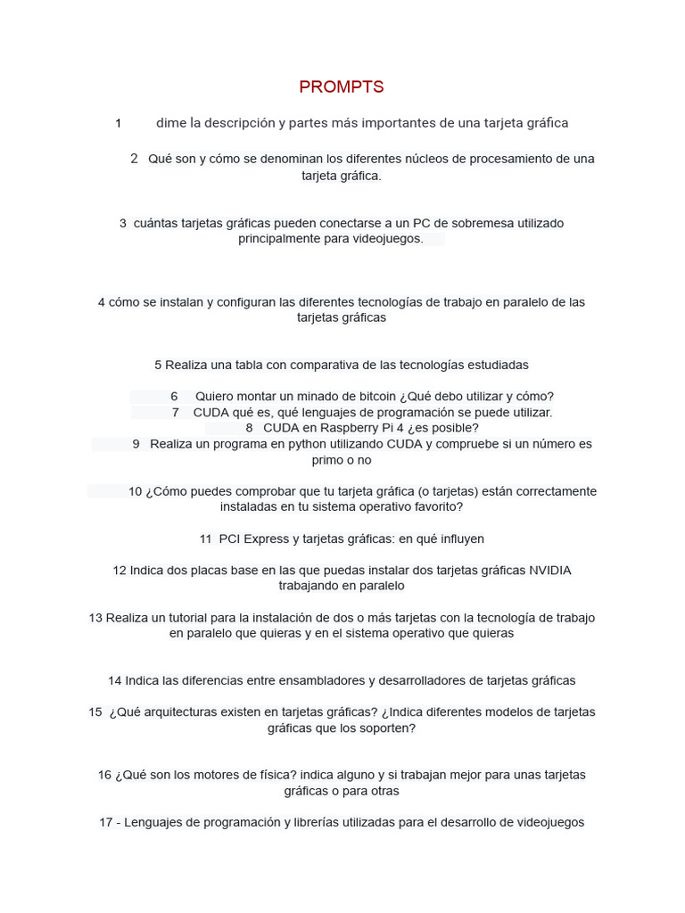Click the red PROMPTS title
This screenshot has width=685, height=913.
click(342, 86)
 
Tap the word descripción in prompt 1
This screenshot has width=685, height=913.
click(228, 123)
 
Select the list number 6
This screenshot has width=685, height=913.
click(174, 396)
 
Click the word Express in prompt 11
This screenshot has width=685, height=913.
click(270, 539)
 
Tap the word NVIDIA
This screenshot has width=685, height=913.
click(550, 571)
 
